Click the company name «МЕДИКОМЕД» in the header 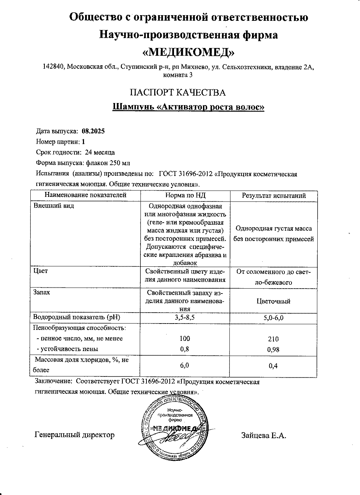[x=188, y=52]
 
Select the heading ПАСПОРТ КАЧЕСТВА [x=178, y=92]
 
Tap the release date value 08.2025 [x=93, y=131]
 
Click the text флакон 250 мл [x=108, y=163]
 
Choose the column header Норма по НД [x=185, y=195]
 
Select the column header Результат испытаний [x=274, y=195]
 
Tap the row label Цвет [x=40, y=271]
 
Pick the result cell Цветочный [x=274, y=301]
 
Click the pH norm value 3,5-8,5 [x=185, y=318]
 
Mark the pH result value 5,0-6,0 [x=274, y=318]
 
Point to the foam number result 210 [x=273, y=339]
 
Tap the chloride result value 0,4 [x=273, y=366]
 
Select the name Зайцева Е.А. [x=264, y=435]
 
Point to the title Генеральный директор [x=75, y=435]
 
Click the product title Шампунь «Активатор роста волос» [x=188, y=107]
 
